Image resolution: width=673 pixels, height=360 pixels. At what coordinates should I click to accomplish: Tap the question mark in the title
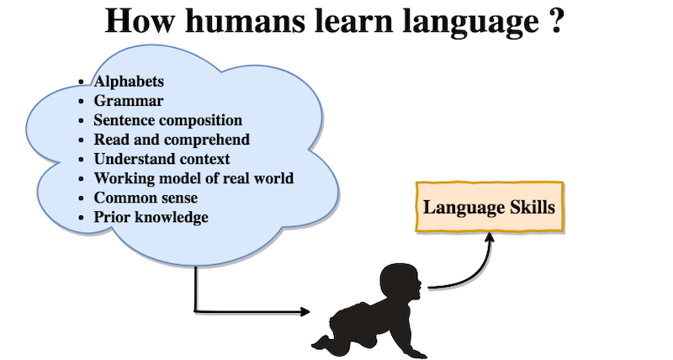[x=555, y=20]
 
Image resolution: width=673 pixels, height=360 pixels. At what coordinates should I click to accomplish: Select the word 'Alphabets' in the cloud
[x=129, y=82]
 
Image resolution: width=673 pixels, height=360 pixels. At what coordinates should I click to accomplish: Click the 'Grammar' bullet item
[x=129, y=101]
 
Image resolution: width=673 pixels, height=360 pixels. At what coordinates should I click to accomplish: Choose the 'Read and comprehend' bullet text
[x=172, y=140]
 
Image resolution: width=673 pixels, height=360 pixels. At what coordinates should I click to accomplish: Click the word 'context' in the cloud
[x=204, y=159]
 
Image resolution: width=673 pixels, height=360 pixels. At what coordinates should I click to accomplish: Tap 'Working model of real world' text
[x=193, y=178]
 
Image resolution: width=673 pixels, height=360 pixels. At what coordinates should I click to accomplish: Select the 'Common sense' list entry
[x=146, y=198]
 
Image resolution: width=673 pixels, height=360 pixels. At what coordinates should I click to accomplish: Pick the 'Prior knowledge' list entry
[x=151, y=217]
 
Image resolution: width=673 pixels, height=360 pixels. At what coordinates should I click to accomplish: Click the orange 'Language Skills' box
[x=490, y=207]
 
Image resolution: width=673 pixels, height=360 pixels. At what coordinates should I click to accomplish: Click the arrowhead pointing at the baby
[x=305, y=312]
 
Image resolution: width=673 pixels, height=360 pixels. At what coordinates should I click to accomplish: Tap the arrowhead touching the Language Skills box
[x=490, y=237]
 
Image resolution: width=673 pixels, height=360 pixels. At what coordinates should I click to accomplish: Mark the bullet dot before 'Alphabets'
[x=82, y=82]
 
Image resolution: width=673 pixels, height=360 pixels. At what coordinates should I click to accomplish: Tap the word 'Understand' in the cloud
[x=135, y=159]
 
